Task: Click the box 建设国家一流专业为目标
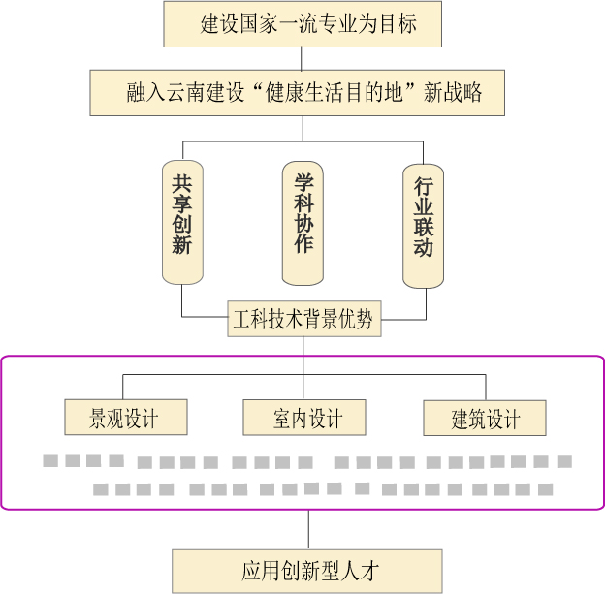pyautogui.click(x=303, y=23)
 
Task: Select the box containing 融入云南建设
pyautogui.click(x=303, y=93)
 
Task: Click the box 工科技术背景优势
pyautogui.click(x=303, y=318)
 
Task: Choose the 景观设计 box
pyautogui.click(x=124, y=419)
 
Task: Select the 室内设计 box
pyautogui.click(x=304, y=419)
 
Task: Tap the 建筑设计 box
pyautogui.click(x=484, y=419)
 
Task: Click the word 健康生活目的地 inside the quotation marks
pyautogui.click(x=330, y=93)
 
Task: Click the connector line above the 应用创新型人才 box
pyautogui.click(x=308, y=529)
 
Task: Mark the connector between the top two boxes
pyautogui.click(x=303, y=58)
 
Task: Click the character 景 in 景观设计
pyautogui.click(x=98, y=419)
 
